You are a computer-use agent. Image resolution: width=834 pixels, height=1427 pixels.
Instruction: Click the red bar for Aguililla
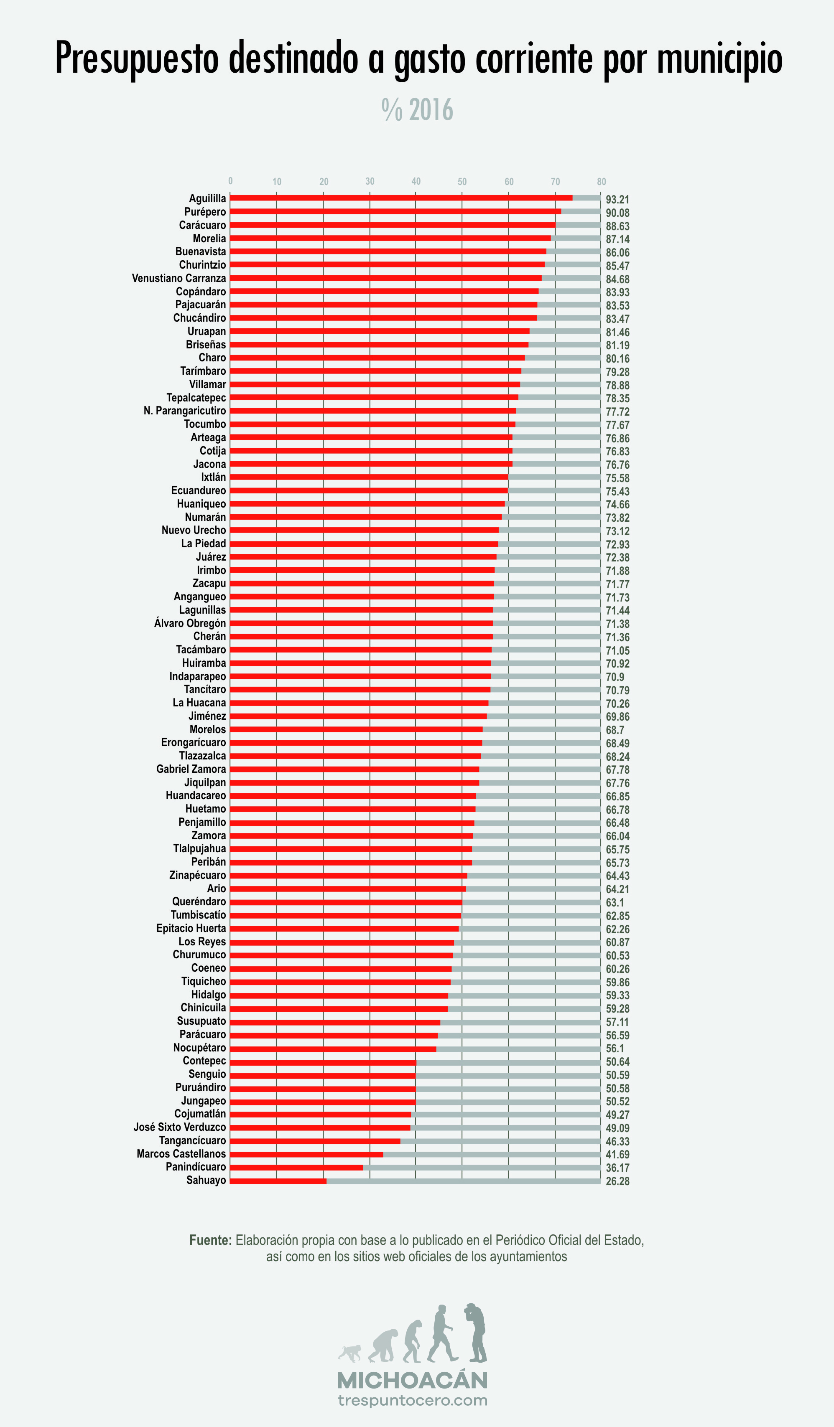(401, 198)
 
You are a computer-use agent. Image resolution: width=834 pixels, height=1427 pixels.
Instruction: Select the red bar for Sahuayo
(278, 1181)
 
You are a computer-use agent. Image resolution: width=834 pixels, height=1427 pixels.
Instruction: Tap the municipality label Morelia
(209, 239)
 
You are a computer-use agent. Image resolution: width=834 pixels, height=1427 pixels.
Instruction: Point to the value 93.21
(617, 199)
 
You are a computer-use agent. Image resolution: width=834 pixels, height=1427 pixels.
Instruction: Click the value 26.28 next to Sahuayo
(617, 1181)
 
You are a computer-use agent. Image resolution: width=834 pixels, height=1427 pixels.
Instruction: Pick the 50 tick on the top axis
(462, 182)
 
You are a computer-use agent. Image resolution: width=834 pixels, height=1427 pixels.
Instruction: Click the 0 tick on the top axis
(230, 181)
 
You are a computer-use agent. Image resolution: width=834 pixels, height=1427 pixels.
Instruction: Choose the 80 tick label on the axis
(601, 182)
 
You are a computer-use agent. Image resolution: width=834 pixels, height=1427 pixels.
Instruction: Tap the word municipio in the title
(719, 58)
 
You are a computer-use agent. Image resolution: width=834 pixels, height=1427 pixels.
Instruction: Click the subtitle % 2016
(418, 110)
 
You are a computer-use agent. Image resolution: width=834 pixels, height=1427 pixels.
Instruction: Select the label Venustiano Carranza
(179, 278)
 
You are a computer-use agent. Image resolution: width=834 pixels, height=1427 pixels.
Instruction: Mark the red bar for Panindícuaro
(296, 1167)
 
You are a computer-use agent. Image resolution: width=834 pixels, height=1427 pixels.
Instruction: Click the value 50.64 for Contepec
(617, 1062)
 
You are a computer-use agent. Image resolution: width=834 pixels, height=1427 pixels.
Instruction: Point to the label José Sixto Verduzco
(180, 1127)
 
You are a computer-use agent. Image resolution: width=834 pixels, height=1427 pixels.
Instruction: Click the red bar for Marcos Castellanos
(306, 1154)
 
